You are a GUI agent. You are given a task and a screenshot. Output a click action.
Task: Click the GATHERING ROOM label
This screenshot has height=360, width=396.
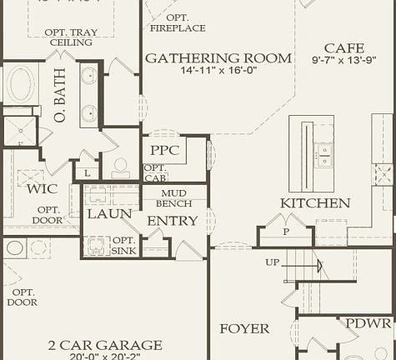pyautogui.click(x=218, y=58)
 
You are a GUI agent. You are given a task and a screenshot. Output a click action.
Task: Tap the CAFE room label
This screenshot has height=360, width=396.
pyautogui.click(x=343, y=48)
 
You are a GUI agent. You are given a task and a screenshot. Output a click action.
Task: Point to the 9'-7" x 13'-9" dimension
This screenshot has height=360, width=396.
pyautogui.click(x=343, y=61)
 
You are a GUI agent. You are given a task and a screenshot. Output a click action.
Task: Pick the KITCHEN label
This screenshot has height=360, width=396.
pyautogui.click(x=314, y=203)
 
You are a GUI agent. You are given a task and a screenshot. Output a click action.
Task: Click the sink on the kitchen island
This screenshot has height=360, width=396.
pyautogui.click(x=323, y=153)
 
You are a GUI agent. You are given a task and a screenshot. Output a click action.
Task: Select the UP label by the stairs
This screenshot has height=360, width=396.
pyautogui.click(x=273, y=262)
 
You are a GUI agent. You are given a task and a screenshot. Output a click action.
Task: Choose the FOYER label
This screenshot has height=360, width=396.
pyautogui.click(x=244, y=329)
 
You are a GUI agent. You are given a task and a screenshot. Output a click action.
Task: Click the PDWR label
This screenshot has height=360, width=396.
pyautogui.click(x=368, y=323)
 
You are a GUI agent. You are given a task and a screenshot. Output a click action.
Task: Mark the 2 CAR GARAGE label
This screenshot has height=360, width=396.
pyautogui.click(x=105, y=345)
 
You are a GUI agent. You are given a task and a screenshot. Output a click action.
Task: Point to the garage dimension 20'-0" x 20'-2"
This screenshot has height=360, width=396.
pyautogui.click(x=105, y=357)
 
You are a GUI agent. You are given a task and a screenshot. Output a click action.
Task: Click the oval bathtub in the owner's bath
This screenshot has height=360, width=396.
pyautogui.click(x=21, y=86)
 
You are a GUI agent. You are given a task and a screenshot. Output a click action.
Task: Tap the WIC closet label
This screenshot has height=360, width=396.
pyautogui.click(x=42, y=189)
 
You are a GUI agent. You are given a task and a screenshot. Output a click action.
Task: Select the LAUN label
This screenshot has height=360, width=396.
pyautogui.click(x=109, y=214)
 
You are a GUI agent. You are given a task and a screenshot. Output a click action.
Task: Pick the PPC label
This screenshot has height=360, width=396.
pyautogui.click(x=165, y=151)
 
